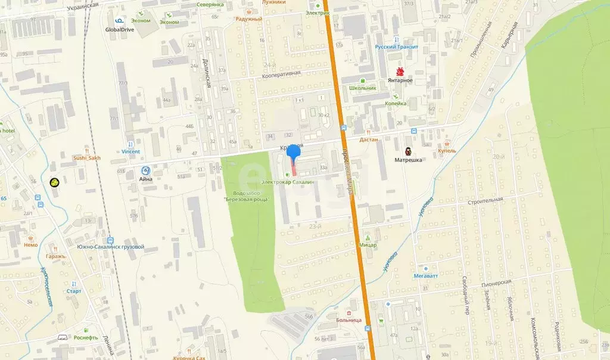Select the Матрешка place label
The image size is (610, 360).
pyautogui.click(x=409, y=160)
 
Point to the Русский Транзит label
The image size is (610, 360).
pyautogui.click(x=397, y=47)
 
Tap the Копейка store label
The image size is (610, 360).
pyautogui.click(x=396, y=103)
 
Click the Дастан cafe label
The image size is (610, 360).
pyautogui.click(x=370, y=139)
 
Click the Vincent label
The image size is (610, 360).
pyautogui.click(x=130, y=151)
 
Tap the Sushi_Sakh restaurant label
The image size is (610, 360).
pyautogui.click(x=86, y=158)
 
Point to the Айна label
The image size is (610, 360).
pyautogui.click(x=146, y=178)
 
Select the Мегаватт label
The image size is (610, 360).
pyautogui.click(x=427, y=276)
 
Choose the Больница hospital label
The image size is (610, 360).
pyautogui.click(x=352, y=320)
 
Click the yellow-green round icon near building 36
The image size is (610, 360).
pyautogui.click(x=54, y=182)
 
